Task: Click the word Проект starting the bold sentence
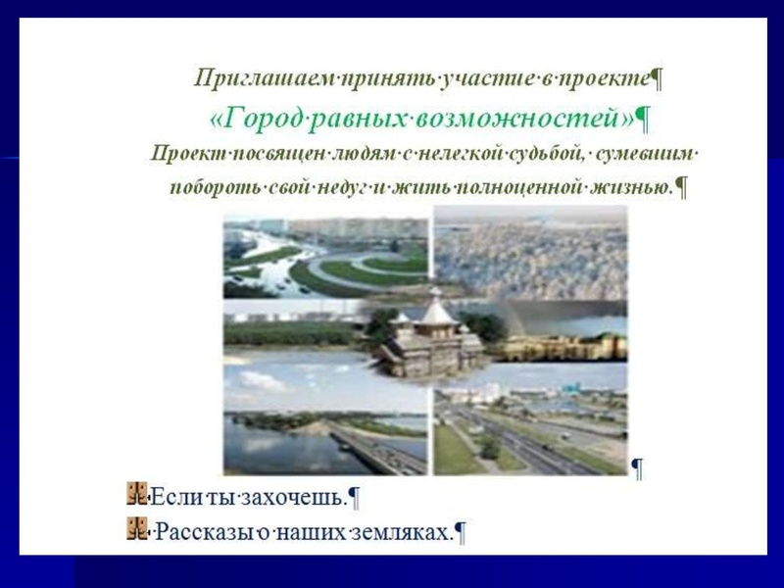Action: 186,154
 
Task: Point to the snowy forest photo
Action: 529,255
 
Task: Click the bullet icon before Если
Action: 136,493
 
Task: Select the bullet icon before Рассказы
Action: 136,530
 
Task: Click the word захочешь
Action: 298,497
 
